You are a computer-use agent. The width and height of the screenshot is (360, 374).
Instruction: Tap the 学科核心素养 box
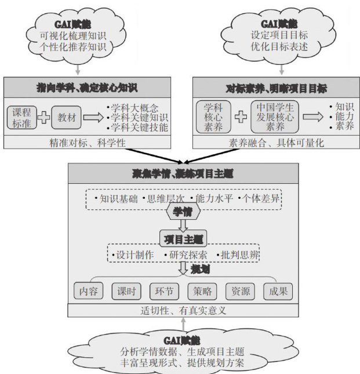tap(214, 117)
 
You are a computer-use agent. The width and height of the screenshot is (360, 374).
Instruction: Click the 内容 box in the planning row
tap(89, 291)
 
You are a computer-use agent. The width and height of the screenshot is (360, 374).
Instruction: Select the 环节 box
tap(164, 291)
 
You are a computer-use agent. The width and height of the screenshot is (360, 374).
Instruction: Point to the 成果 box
tap(278, 291)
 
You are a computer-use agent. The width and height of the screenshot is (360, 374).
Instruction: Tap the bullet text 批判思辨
tap(237, 255)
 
